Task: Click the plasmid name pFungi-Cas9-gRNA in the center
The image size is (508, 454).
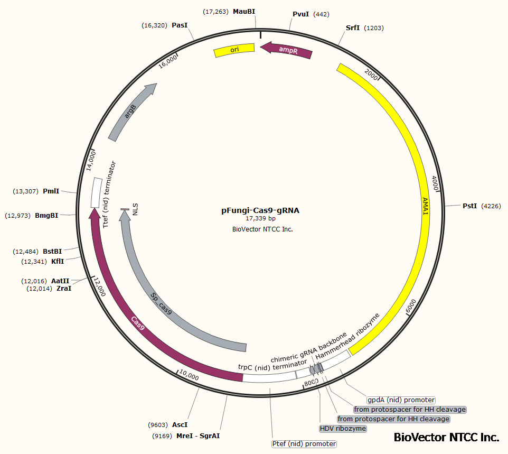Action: [260, 210]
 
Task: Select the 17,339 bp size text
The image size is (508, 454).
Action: [260, 218]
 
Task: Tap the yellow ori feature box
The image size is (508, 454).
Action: [234, 50]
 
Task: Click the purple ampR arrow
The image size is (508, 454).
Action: [287, 51]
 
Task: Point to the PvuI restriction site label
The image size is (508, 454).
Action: [300, 14]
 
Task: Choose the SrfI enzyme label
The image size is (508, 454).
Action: [352, 28]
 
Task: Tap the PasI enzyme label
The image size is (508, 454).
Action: [180, 25]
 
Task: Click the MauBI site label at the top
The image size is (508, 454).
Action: [244, 11]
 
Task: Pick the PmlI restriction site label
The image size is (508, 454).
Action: [51, 191]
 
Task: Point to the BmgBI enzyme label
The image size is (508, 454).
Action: [46, 216]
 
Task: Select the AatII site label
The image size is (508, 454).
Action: [60, 281]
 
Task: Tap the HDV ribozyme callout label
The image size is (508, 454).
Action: [343, 428]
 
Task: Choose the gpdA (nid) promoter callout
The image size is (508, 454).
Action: [401, 400]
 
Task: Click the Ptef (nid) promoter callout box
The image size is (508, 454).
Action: [304, 444]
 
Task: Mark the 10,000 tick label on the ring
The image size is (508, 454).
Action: [189, 377]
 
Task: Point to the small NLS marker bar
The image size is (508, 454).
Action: [125, 210]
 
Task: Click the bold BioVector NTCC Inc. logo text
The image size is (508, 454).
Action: [446, 438]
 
